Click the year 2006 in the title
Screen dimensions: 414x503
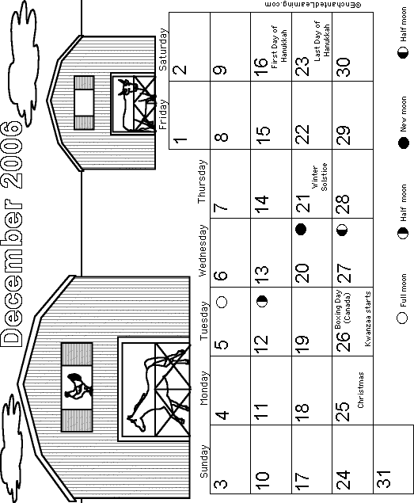(12, 154)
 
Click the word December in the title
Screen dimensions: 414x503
(12, 272)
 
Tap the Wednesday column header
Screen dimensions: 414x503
(203, 250)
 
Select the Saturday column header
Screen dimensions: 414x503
(163, 49)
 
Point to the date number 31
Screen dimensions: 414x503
(384, 478)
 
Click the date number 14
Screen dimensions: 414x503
(262, 204)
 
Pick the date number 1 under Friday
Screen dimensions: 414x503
(180, 140)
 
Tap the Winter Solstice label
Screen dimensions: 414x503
(319, 177)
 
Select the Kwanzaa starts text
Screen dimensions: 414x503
(368, 318)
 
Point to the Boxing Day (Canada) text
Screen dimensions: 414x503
(343, 310)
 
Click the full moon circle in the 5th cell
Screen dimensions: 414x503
(222, 302)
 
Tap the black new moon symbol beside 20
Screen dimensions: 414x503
(301, 229)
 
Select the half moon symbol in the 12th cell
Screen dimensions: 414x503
(262, 301)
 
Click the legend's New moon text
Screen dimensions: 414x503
(404, 114)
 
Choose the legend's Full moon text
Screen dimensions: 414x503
(404, 291)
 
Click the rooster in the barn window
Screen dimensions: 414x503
(78, 386)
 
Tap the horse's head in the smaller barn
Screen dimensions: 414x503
(127, 86)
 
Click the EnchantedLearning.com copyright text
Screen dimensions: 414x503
(313, 5)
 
